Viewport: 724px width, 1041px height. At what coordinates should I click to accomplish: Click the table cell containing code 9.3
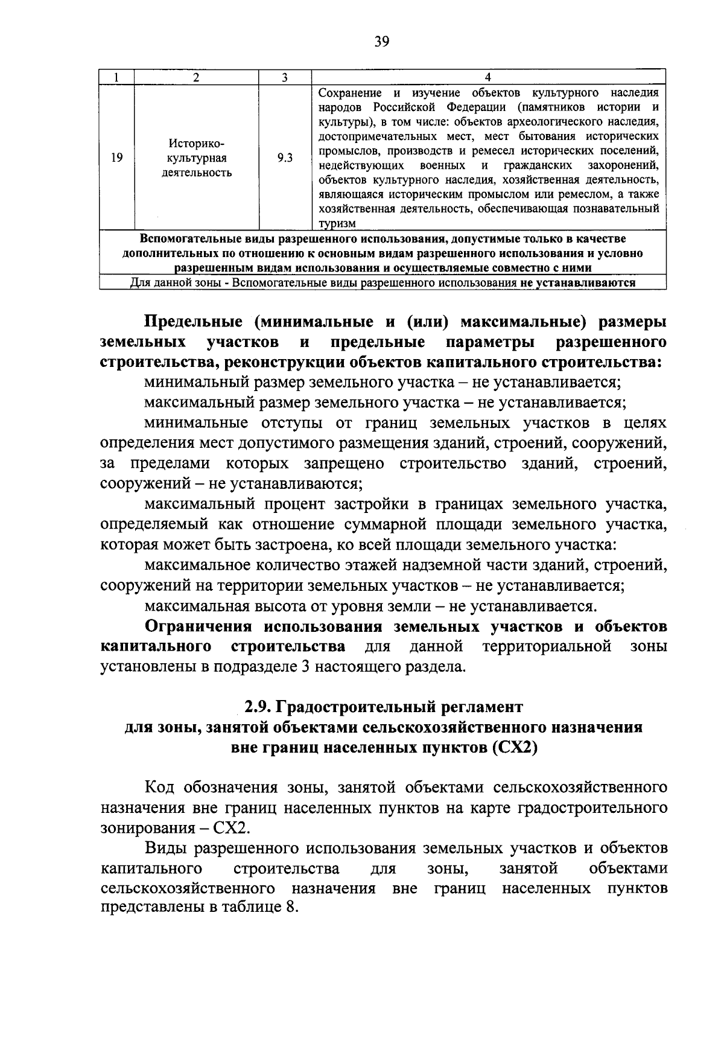(285, 158)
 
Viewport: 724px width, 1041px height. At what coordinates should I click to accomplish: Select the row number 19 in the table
(117, 158)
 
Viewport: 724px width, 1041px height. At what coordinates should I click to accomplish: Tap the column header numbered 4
(488, 77)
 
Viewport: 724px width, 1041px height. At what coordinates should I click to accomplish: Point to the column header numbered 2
(196, 77)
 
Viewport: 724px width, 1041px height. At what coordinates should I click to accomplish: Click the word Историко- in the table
(196, 144)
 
